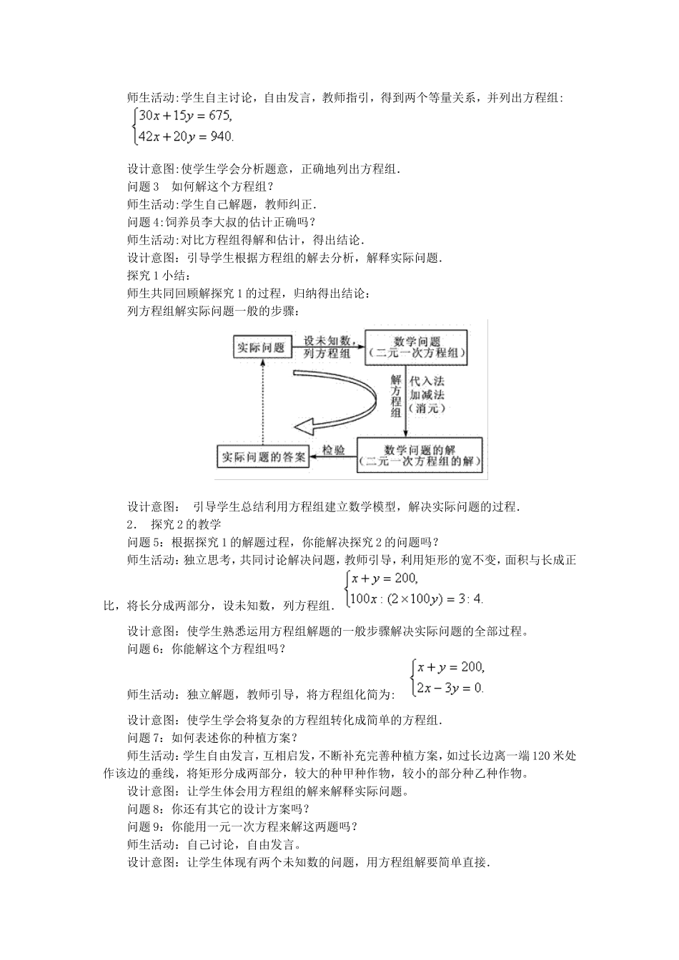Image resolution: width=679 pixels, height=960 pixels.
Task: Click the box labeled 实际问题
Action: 260,347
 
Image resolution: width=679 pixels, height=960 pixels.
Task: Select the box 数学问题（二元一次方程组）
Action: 416,347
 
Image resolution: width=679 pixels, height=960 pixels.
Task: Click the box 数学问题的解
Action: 420,455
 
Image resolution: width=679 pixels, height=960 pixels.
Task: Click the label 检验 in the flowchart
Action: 334,450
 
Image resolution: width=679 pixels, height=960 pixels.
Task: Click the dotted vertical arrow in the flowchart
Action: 262,400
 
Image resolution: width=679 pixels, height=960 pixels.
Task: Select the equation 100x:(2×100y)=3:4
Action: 415,599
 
